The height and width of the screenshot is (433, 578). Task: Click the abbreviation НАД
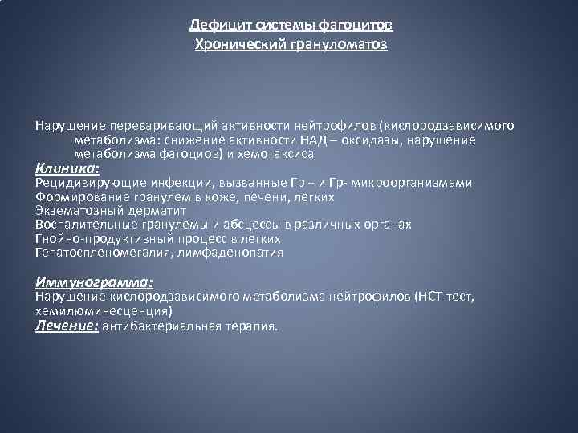pos(351,140)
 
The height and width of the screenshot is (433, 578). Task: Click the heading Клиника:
pos(67,168)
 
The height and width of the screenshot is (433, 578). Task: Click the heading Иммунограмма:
pos(95,282)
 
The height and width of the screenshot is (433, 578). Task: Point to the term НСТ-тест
pos(446,297)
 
